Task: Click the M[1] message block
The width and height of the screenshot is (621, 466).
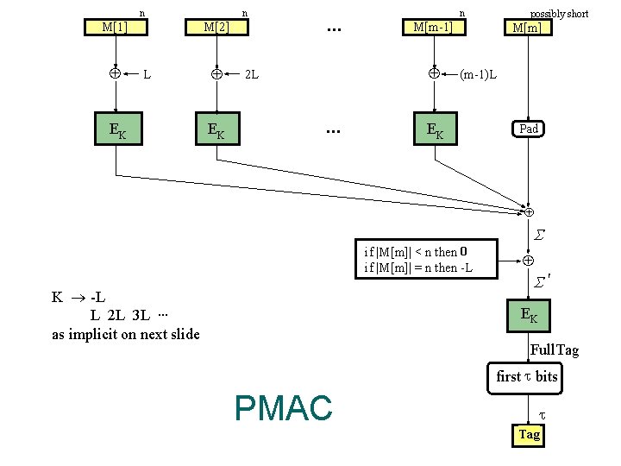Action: (115, 26)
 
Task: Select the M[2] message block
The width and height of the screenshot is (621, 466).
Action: (216, 26)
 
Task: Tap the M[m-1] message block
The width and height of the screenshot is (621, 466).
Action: (433, 26)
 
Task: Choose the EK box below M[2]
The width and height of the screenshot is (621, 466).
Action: (216, 130)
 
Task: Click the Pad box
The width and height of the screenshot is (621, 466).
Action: (529, 129)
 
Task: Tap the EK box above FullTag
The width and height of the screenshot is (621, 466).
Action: (529, 316)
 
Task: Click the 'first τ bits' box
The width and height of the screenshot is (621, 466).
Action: (527, 377)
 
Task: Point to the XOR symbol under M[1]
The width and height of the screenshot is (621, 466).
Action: (115, 73)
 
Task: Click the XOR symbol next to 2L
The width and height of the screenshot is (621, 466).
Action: (216, 74)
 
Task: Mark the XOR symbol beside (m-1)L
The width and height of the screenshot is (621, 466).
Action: (434, 73)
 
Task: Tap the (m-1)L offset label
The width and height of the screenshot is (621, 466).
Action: (477, 74)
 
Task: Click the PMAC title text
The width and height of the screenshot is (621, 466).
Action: (283, 407)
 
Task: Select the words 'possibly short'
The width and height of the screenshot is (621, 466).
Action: (559, 13)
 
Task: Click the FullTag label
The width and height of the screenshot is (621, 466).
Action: (554, 349)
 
